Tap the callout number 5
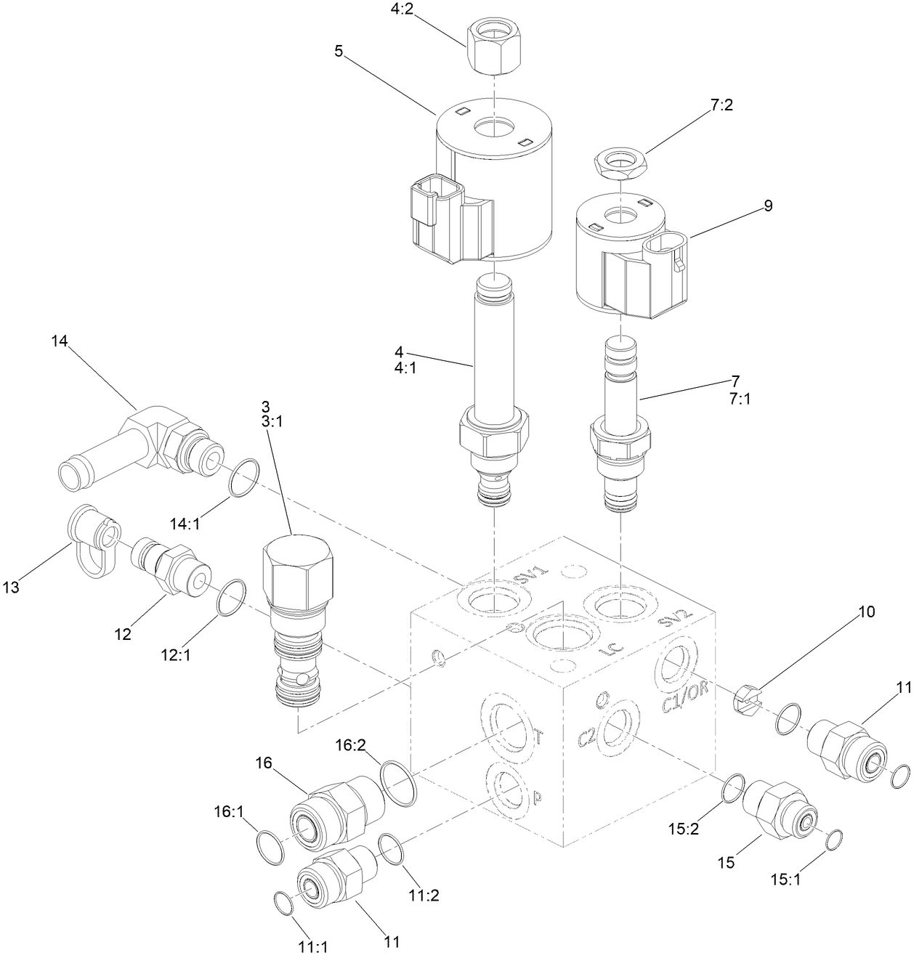[339, 52]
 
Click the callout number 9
[768, 206]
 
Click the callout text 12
[122, 634]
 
